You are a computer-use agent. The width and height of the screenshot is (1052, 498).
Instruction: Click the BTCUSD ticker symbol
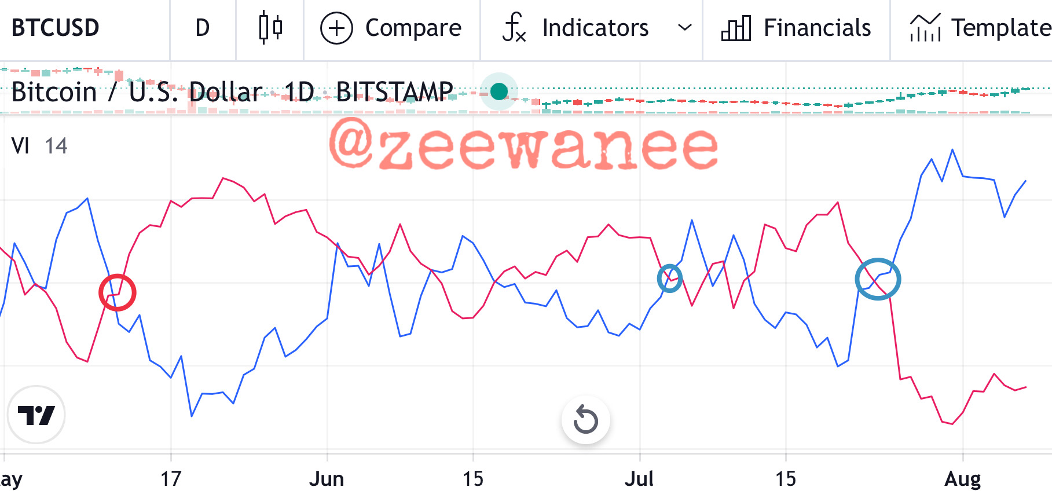pos(56,28)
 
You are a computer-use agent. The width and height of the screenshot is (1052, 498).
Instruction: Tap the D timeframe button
pos(202,28)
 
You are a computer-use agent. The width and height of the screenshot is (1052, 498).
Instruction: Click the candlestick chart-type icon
pos(270,27)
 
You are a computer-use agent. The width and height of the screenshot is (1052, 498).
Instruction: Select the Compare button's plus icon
pos(336,28)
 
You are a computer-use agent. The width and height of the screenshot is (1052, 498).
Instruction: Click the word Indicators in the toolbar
pos(595,28)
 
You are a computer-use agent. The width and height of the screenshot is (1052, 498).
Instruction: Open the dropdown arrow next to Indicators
pos(685,27)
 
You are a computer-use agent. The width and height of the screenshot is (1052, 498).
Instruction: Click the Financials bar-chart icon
pos(736,28)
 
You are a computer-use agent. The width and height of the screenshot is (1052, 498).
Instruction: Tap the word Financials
pos(817,28)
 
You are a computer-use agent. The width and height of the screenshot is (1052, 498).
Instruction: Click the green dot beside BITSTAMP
pos(499,91)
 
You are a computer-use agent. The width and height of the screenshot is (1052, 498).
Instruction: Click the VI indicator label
pos(20,146)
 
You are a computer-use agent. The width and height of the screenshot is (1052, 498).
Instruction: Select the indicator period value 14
pos(56,146)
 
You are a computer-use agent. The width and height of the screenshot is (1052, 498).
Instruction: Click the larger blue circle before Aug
pos(857,279)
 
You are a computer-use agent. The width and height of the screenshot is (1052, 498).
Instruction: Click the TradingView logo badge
pos(36,415)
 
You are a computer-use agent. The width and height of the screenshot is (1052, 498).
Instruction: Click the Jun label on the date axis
pos(327,479)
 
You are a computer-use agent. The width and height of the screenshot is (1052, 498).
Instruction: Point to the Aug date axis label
pos(962,479)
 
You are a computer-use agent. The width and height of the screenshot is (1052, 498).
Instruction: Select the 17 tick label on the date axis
pos(171,479)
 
